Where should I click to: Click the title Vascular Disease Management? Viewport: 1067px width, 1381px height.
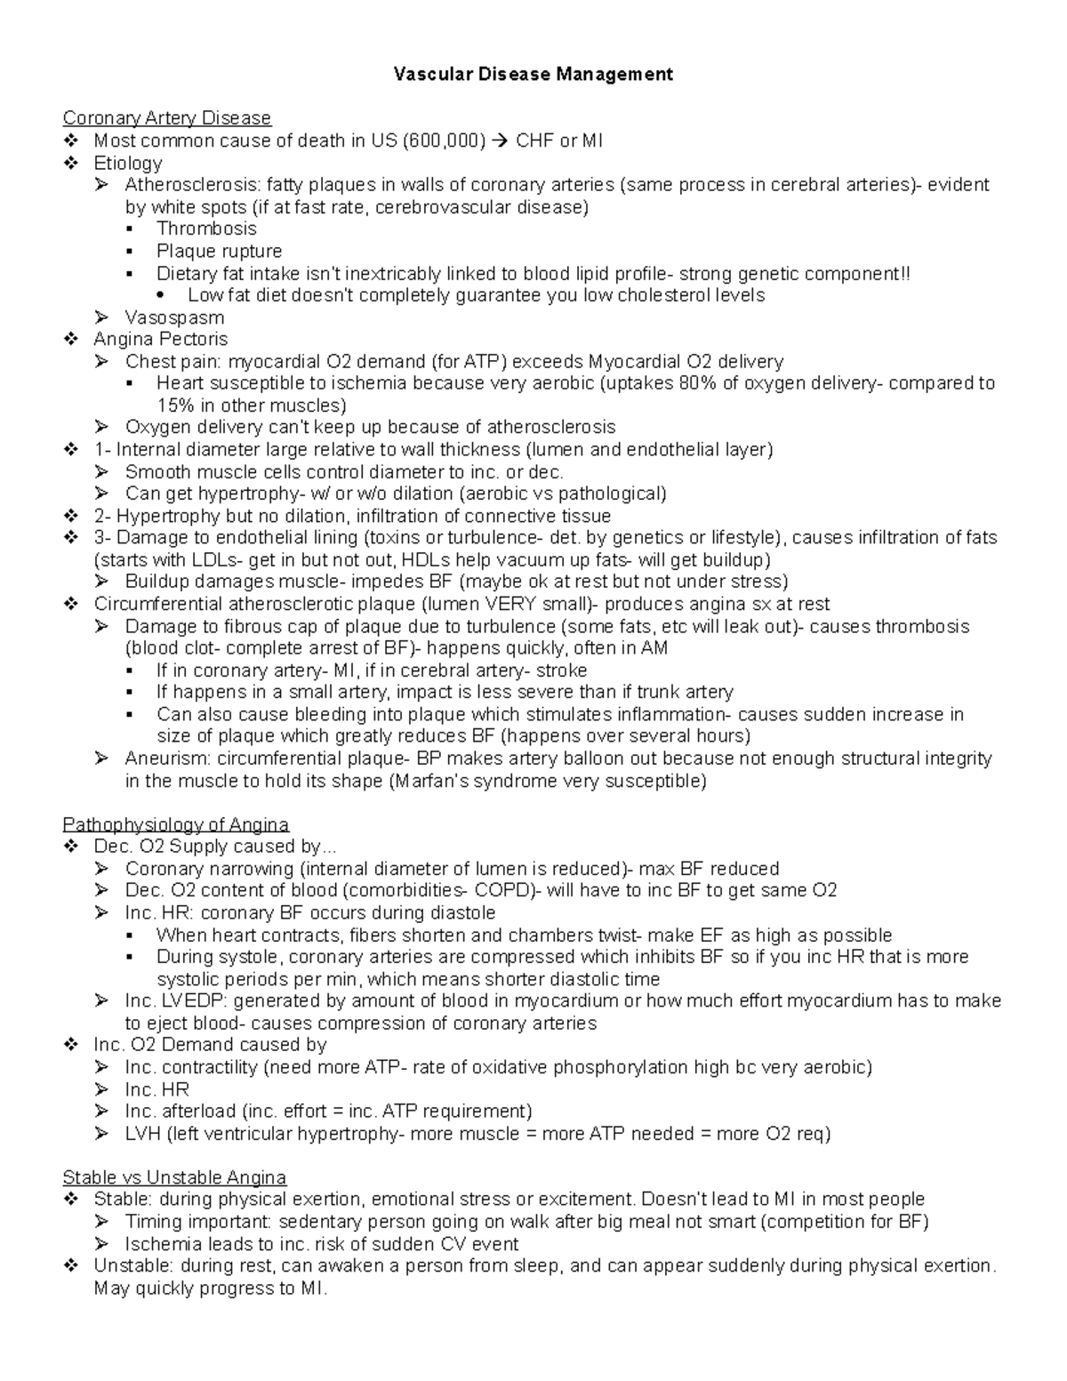point(533,75)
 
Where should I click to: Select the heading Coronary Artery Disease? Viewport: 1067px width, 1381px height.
point(166,118)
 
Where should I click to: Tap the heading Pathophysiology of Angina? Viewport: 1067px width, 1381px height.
point(175,824)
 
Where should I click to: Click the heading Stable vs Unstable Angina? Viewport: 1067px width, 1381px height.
point(174,1177)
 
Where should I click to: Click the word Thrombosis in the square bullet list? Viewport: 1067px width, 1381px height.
point(206,229)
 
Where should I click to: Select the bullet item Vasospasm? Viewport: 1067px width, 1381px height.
point(174,317)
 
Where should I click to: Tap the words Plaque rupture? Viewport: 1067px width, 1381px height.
point(219,251)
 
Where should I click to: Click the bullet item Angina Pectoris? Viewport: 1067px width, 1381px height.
point(160,339)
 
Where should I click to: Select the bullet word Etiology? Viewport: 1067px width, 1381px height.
point(127,163)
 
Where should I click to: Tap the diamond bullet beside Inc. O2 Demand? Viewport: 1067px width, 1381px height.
point(71,1045)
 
